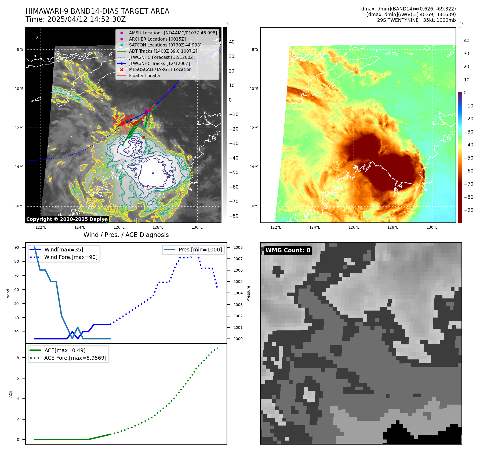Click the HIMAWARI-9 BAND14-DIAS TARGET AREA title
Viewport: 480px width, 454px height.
(x=97, y=11)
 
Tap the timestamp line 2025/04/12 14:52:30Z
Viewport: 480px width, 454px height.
(x=75, y=19)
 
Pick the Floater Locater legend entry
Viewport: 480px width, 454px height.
(x=145, y=75)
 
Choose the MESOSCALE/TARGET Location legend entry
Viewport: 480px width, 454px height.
(x=160, y=69)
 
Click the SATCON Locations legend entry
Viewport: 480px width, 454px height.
(x=165, y=45)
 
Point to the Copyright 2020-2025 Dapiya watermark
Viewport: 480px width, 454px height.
(x=67, y=219)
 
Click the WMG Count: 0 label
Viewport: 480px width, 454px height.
(x=288, y=250)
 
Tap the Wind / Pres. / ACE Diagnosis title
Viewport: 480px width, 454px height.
(x=126, y=235)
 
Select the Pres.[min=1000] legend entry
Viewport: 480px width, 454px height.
(x=200, y=250)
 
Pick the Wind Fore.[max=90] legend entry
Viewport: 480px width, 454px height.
(x=71, y=257)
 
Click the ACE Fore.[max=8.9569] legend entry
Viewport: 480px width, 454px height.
(x=75, y=358)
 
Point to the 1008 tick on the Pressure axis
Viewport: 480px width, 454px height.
(x=238, y=247)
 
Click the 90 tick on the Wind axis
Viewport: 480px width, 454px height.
(x=17, y=247)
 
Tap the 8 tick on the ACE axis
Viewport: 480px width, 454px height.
(x=18, y=358)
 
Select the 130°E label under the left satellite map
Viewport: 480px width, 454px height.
(x=197, y=227)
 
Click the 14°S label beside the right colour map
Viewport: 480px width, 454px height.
(x=254, y=167)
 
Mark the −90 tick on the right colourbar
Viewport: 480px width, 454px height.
(x=468, y=210)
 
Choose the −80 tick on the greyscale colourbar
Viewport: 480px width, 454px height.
(x=234, y=216)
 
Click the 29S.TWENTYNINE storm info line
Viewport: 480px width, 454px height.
(x=416, y=20)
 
